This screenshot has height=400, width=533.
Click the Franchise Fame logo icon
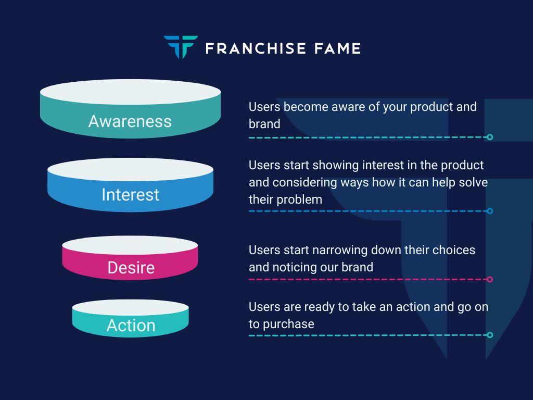(x=181, y=47)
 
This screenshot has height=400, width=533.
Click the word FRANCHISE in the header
(x=256, y=48)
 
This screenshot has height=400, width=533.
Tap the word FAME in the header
(x=337, y=48)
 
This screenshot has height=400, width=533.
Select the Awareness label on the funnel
(x=130, y=121)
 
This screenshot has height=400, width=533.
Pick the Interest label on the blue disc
(x=131, y=195)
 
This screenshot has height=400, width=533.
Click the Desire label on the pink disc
(x=131, y=267)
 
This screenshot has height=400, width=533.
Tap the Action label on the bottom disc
(x=131, y=325)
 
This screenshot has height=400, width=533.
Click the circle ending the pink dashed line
(x=490, y=279)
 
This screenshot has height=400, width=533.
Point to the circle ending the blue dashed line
(x=490, y=211)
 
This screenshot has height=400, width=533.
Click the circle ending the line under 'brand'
(x=490, y=137)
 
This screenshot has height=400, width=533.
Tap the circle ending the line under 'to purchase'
(x=490, y=335)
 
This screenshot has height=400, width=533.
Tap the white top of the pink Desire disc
(x=130, y=245)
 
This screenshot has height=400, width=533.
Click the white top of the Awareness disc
(x=130, y=92)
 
